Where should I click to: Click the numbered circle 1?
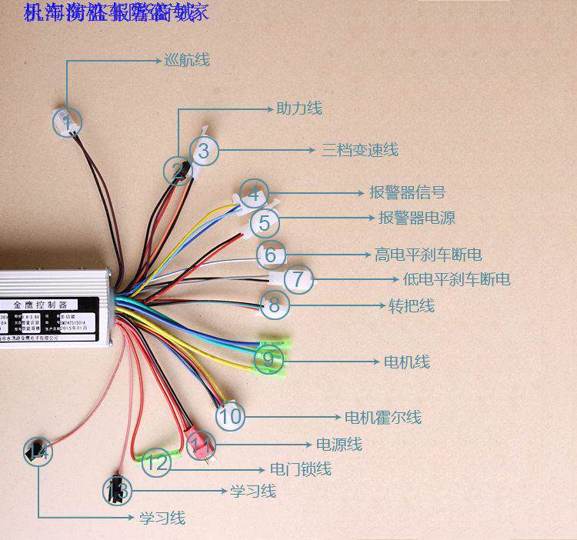point(68,122)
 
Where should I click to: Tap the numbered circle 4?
point(255,193)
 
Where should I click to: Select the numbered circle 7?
point(299,278)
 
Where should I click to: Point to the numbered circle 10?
point(230,417)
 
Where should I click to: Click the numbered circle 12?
point(156,462)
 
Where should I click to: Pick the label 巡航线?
point(186,59)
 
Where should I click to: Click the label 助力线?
point(299,108)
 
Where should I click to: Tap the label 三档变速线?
point(359,150)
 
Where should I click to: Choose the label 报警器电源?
point(416,218)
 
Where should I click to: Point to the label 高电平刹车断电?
point(428,254)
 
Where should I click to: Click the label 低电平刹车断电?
point(456,278)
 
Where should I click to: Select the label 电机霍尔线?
point(382,418)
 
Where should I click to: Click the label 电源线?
point(339,444)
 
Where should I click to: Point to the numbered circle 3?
point(202,151)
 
